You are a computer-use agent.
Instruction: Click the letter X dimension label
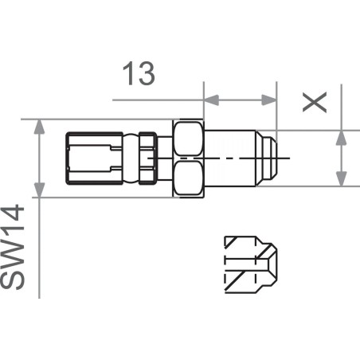tap(316, 101)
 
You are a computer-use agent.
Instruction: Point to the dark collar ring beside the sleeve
tap(147, 157)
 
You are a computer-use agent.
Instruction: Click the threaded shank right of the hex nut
tap(235, 157)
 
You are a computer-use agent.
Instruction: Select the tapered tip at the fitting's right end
tap(272, 157)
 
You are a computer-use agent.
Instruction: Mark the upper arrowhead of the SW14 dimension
tap(38, 127)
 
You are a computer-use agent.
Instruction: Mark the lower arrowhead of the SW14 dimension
tap(38, 190)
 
